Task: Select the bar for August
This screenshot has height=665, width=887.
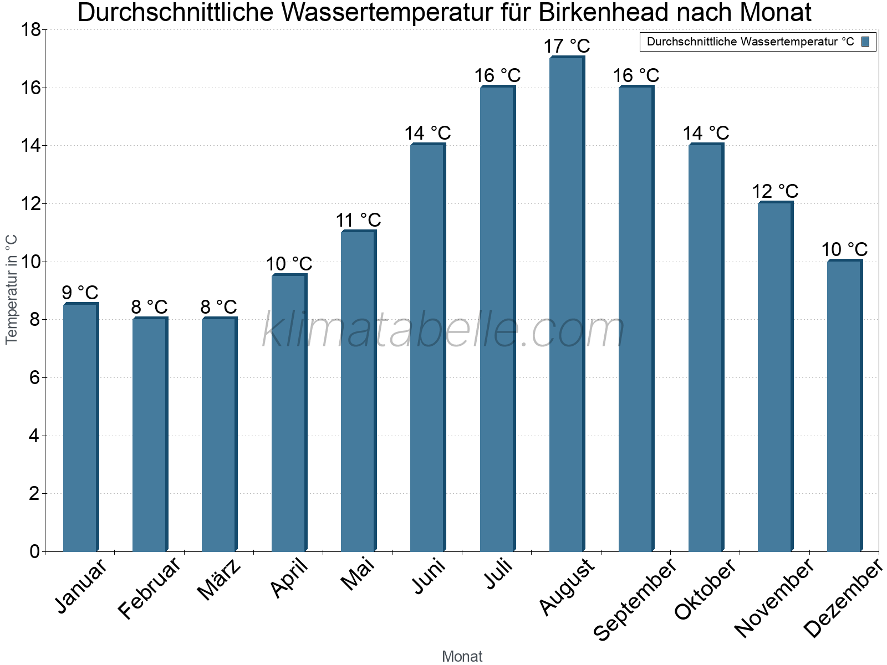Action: pyautogui.click(x=567, y=305)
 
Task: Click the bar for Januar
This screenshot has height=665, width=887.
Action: pyautogui.click(x=80, y=427)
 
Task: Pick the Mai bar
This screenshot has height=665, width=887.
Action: pyautogui.click(x=358, y=391)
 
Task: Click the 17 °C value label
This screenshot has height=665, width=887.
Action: pyautogui.click(x=567, y=46)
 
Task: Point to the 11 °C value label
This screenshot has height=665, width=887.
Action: pyautogui.click(x=358, y=220)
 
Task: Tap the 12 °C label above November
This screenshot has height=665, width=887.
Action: pyautogui.click(x=775, y=191)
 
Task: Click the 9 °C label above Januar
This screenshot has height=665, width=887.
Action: pyautogui.click(x=80, y=293)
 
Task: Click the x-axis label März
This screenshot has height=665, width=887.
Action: pyautogui.click(x=220, y=580)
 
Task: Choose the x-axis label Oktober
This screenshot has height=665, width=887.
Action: pyautogui.click(x=705, y=590)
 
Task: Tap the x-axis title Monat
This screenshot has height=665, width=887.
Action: pyautogui.click(x=462, y=656)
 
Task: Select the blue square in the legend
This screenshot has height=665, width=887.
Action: pyautogui.click(x=866, y=42)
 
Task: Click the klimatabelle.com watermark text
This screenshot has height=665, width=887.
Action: pyautogui.click(x=443, y=330)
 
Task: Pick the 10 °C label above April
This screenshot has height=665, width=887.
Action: pyautogui.click(x=289, y=264)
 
